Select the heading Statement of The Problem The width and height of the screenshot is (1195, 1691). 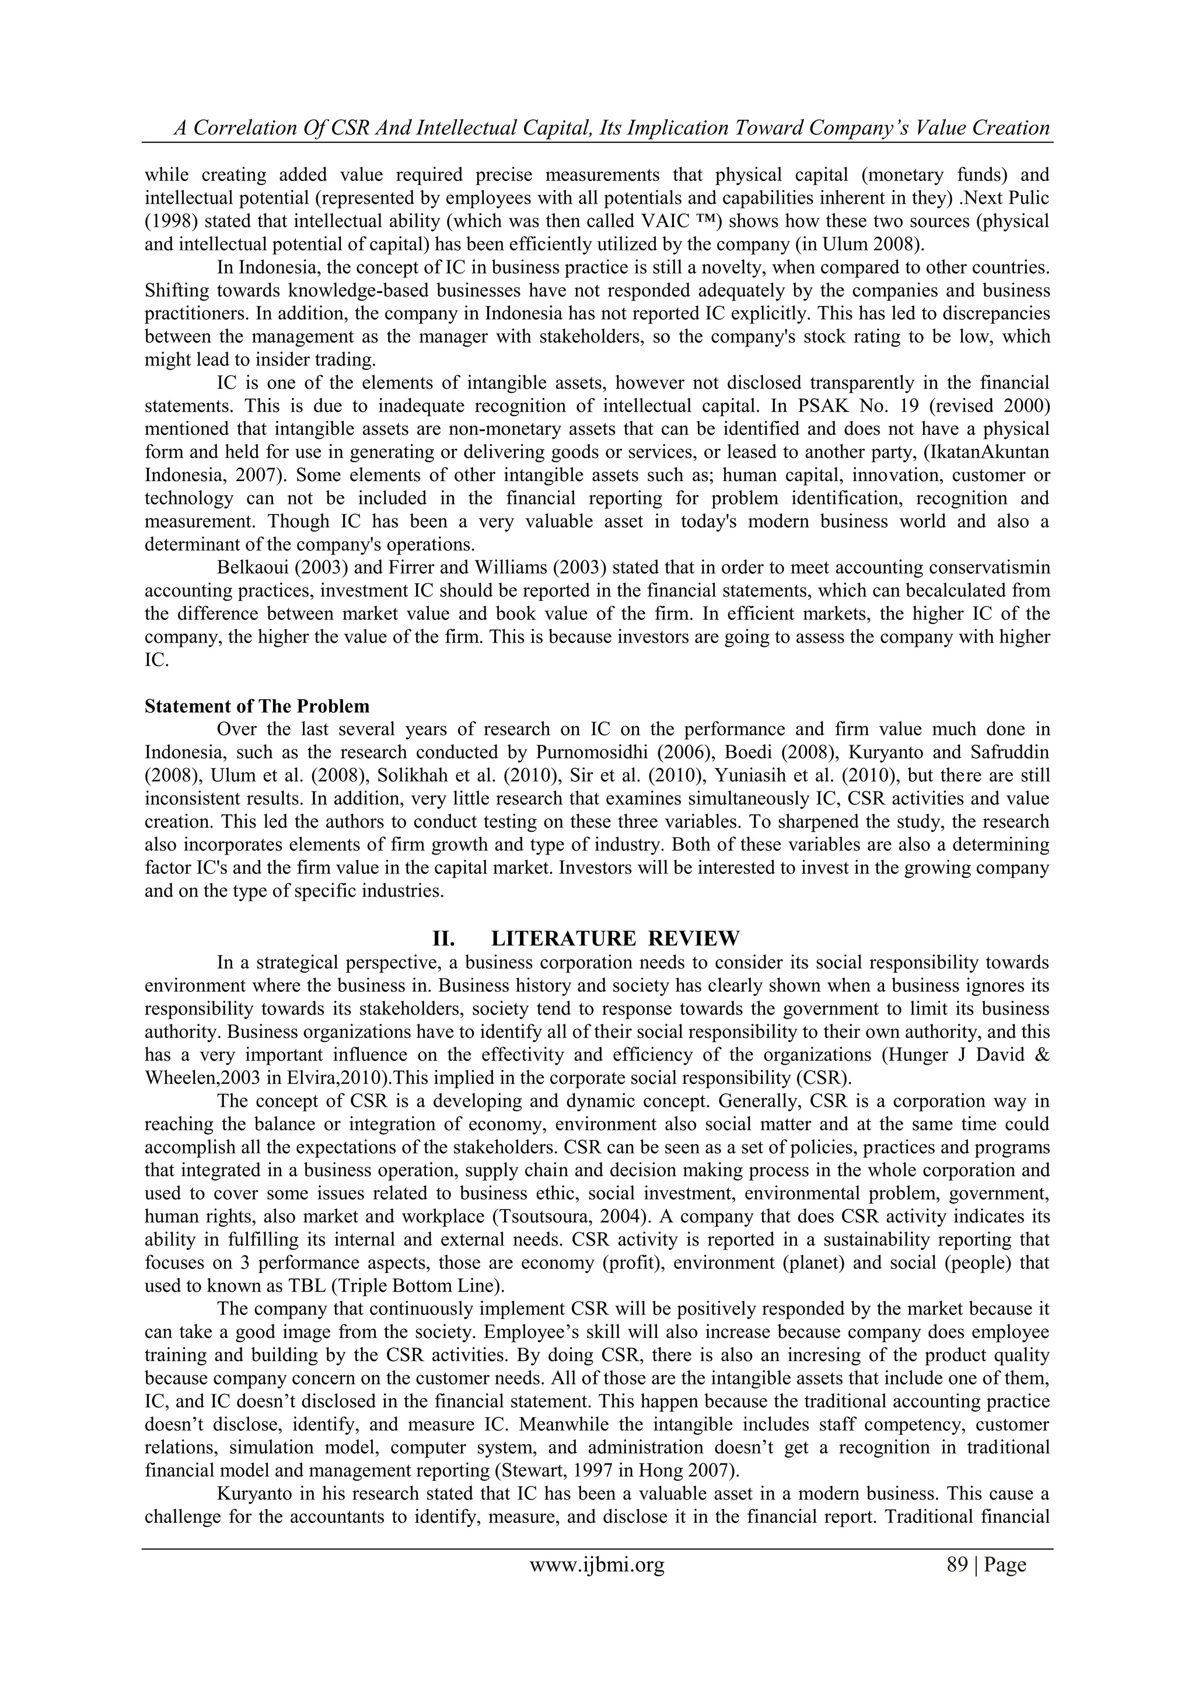(257, 706)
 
